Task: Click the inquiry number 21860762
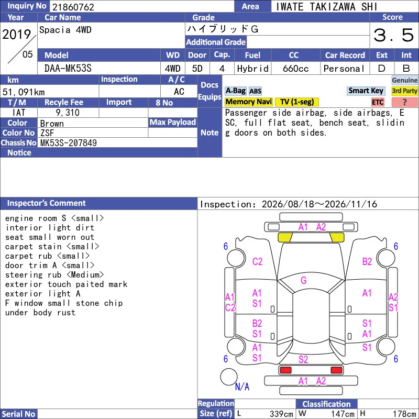coord(73,7)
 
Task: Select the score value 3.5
coord(394,35)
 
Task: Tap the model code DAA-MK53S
coord(68,69)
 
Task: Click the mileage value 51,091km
coord(24,92)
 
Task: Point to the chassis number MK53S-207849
coord(69,143)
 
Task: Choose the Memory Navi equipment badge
coord(248,102)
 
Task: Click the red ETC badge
coord(378,102)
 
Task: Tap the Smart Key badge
coord(366,91)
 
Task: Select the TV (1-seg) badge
coord(297,102)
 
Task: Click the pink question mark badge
coord(404,102)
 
